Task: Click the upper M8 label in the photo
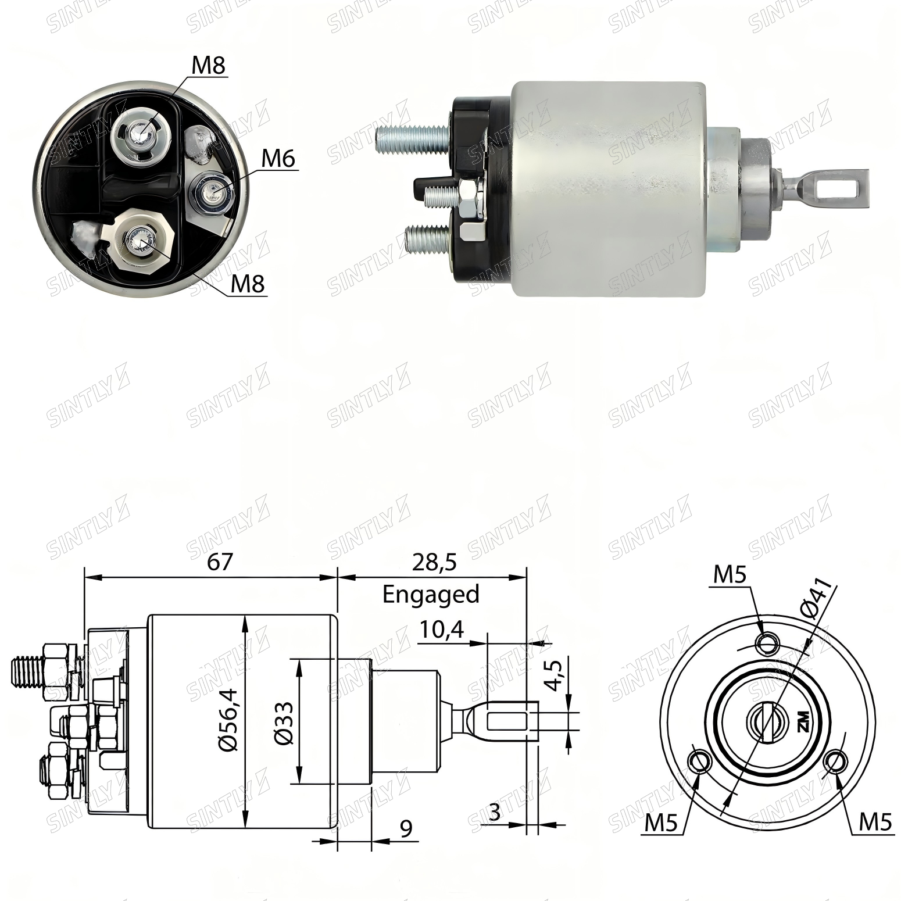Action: pos(209,65)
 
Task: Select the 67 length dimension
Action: pos(220,562)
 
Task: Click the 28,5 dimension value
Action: pos(434,562)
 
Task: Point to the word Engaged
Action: pos(431,595)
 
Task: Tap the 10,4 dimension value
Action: pos(442,630)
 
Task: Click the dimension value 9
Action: pos(406,828)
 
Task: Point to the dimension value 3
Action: pos(495,812)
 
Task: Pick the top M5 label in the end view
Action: pos(730,575)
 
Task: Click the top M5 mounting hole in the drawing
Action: pos(768,643)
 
